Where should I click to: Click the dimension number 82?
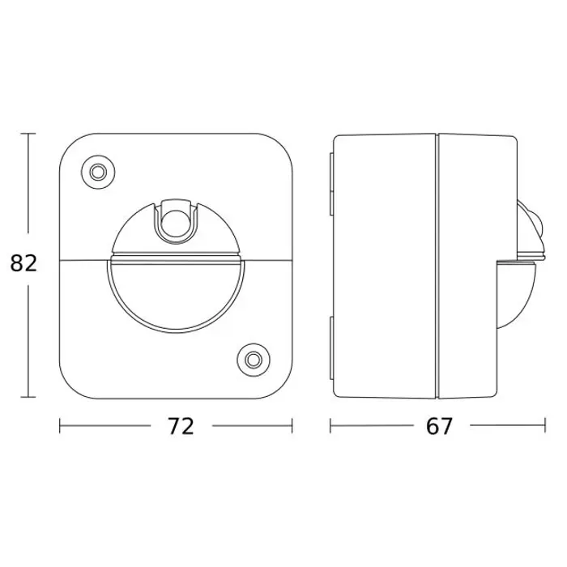pyautogui.click(x=23, y=263)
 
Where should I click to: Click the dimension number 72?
pyautogui.click(x=181, y=426)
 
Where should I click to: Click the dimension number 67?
pyautogui.click(x=439, y=426)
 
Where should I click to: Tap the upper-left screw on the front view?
pyautogui.click(x=98, y=172)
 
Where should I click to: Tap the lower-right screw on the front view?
pyautogui.click(x=254, y=360)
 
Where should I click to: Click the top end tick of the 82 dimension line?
pyautogui.click(x=28, y=134)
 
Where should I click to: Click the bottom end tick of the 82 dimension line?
pyautogui.click(x=28, y=397)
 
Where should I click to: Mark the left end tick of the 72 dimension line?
pyautogui.click(x=60, y=425)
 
